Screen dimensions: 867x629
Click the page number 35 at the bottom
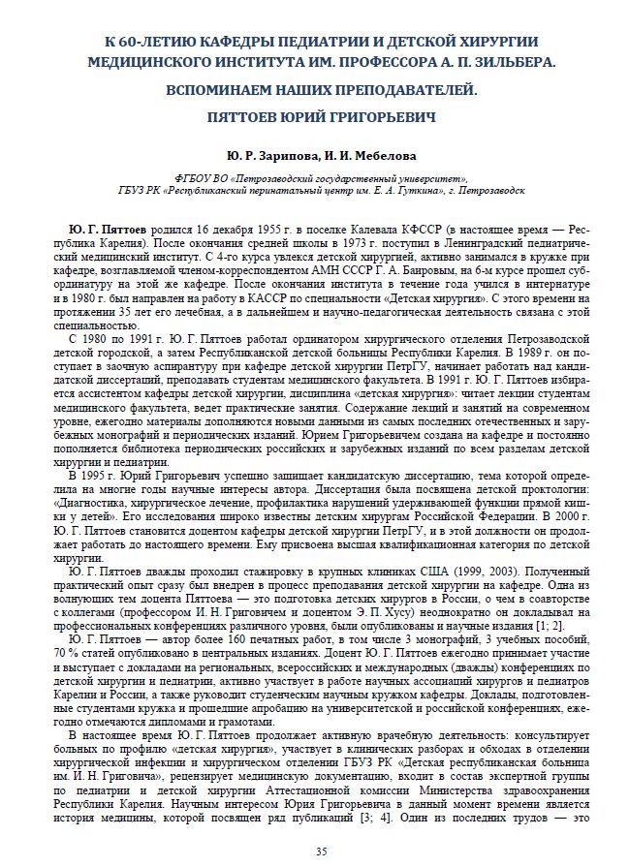(322, 851)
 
